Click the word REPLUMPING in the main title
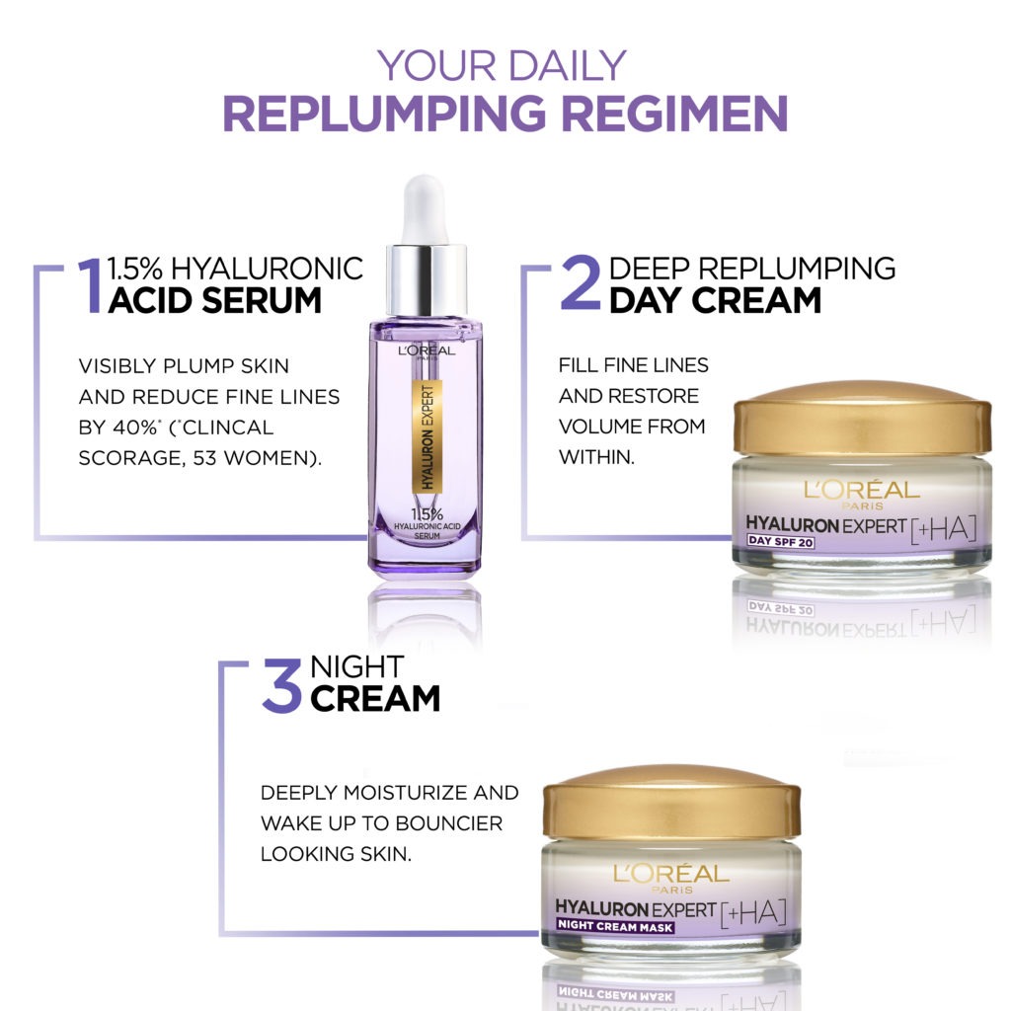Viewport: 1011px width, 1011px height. click(384, 114)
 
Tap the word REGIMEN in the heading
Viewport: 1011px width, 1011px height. click(674, 114)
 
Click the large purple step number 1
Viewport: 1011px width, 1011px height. click(90, 285)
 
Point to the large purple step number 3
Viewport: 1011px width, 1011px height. click(281, 685)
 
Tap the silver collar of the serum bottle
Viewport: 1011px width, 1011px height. click(427, 279)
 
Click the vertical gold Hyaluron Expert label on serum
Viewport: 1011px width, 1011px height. click(427, 436)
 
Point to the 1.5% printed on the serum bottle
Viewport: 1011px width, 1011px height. click(428, 513)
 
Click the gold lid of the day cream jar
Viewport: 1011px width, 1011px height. click(862, 419)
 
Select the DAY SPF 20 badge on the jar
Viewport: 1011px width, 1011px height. click(780, 542)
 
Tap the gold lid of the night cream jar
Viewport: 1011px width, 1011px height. click(671, 803)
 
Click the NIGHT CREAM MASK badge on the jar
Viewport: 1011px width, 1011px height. click(615, 926)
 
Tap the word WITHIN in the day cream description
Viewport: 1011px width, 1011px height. click(596, 457)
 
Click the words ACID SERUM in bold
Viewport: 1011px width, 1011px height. click(214, 300)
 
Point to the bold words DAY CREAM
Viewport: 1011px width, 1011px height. click(715, 300)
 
